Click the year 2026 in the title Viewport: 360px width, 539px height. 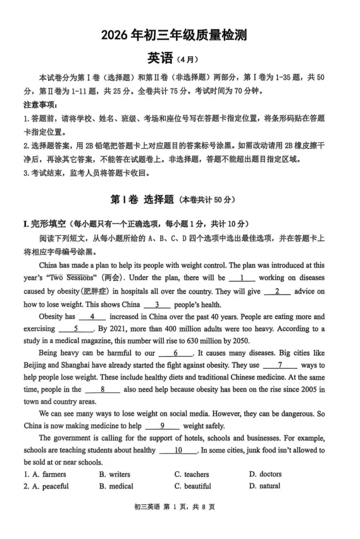(115, 35)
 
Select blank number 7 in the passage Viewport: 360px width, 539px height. (279, 366)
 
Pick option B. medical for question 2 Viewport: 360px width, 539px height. (116, 486)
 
